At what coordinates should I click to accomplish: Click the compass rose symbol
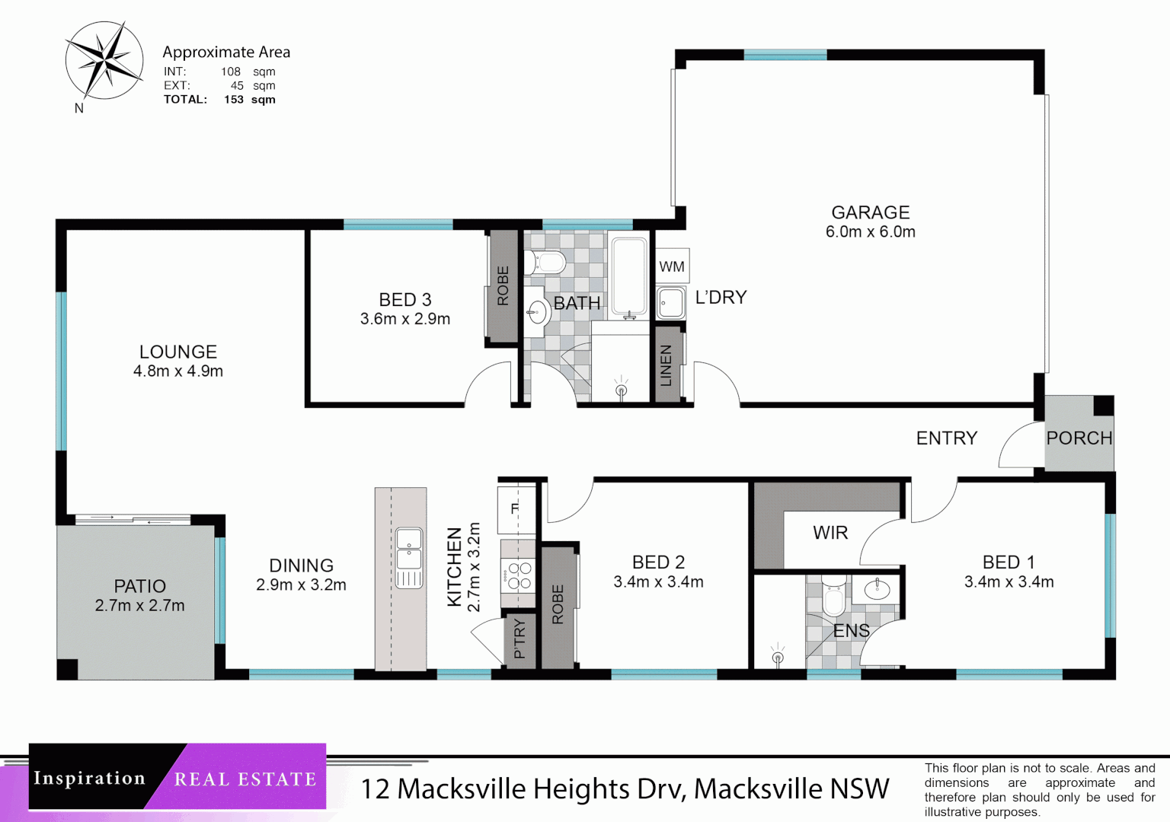tap(104, 61)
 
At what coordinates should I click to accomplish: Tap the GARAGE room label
tap(870, 212)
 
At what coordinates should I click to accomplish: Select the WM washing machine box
tap(672, 266)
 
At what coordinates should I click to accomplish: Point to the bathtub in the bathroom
tap(629, 278)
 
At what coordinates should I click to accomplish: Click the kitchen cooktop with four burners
tap(518, 575)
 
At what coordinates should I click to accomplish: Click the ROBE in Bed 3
tap(503, 286)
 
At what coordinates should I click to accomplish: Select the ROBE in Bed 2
tap(558, 605)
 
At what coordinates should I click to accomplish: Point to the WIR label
tap(830, 533)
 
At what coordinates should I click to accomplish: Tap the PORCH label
tap(1079, 438)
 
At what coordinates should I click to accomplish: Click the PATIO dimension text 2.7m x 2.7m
tap(139, 606)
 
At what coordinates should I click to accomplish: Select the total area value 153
tap(234, 100)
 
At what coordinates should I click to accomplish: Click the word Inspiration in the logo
tap(89, 779)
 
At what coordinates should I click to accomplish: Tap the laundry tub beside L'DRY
tap(670, 303)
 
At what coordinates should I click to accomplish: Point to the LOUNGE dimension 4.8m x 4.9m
tap(177, 371)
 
